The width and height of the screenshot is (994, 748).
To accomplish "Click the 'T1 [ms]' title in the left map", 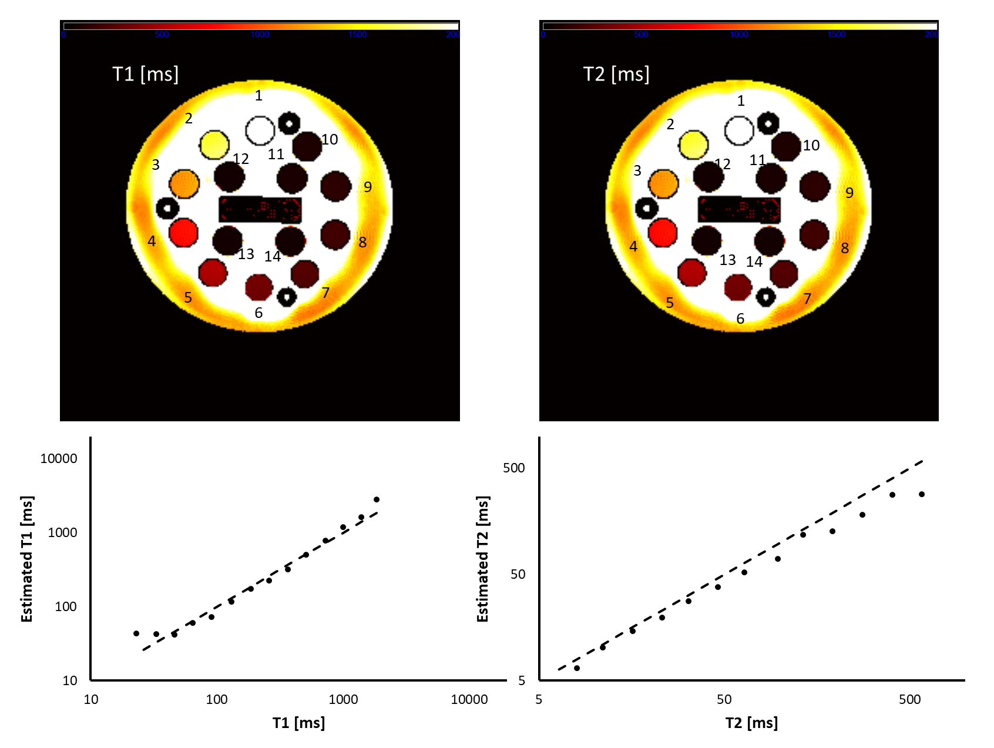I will point(145,74).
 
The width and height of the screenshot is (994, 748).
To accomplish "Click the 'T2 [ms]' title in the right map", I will point(616,74).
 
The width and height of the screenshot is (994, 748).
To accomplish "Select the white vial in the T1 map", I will point(260,130).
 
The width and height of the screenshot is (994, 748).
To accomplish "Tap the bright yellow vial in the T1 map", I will point(214,145).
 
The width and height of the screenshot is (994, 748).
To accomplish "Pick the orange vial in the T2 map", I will point(663,184).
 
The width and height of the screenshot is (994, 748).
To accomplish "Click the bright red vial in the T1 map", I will point(183,232).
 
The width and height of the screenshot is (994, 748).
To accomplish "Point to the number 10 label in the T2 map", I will point(811,145).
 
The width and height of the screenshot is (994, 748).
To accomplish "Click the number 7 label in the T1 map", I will point(325,293).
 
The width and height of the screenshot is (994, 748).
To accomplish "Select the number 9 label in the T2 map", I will point(849,193).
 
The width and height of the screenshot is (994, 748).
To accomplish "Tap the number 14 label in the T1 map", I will point(273,257).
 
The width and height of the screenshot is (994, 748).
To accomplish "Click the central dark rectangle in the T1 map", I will point(260,209).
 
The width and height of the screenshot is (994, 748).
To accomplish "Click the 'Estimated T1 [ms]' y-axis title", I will point(27,559).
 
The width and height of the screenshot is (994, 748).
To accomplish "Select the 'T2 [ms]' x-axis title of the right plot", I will point(751,723).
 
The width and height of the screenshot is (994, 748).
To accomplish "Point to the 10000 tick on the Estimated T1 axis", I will point(59,459).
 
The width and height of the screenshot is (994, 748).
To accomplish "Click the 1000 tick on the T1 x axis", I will point(343,699).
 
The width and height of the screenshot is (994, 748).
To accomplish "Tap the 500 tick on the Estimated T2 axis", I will point(513,468).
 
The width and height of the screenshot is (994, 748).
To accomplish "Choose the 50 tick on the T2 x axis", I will point(724,699).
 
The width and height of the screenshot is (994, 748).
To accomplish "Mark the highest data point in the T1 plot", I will point(377,499).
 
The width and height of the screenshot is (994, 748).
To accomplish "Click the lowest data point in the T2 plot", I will point(577,668).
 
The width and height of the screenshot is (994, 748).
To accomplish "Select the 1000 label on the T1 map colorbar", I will point(260,35).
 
